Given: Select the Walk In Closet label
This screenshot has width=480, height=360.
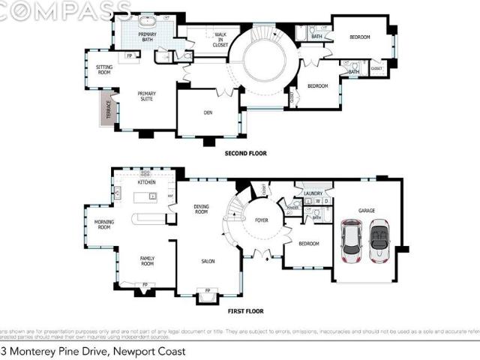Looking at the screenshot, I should click(220, 39).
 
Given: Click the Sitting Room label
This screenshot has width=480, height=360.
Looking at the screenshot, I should click(104, 70).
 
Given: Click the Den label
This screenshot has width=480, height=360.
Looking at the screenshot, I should click(208, 113).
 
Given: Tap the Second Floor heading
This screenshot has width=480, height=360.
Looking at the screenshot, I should click(245, 154).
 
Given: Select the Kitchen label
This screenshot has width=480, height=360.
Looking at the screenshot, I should click(146, 182).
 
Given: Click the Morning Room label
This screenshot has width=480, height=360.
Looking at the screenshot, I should click(103, 224).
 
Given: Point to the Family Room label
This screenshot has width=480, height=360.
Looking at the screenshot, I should click(147, 261).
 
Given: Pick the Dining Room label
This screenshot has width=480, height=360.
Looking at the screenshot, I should click(201, 209).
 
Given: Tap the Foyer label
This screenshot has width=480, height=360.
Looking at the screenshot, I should click(261, 220).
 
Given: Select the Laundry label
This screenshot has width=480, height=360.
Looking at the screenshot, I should click(313, 193).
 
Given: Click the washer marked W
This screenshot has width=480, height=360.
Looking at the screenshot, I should click(317, 201).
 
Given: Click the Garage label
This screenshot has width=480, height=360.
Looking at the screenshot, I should click(366, 211).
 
